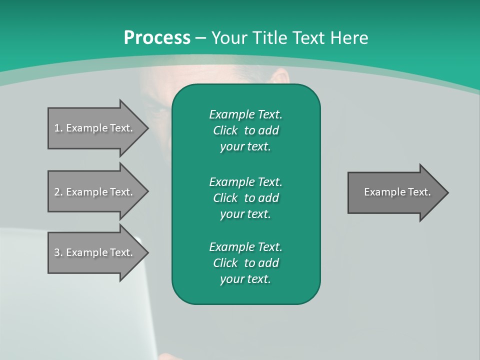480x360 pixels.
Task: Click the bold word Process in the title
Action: pyautogui.click(x=157, y=38)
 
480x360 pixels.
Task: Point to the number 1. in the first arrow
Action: pyautogui.click(x=58, y=128)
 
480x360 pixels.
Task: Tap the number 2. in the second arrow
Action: pyautogui.click(x=58, y=192)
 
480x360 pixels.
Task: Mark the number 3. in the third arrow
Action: pyautogui.click(x=58, y=252)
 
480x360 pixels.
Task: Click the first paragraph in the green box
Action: pyautogui.click(x=245, y=130)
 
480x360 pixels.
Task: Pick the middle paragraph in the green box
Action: pyautogui.click(x=245, y=198)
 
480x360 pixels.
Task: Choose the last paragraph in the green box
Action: pyautogui.click(x=245, y=263)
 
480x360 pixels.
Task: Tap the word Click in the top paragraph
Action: pyautogui.click(x=225, y=130)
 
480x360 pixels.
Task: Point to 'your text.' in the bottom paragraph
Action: pyautogui.click(x=245, y=279)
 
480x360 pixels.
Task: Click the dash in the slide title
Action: pyautogui.click(x=200, y=38)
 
